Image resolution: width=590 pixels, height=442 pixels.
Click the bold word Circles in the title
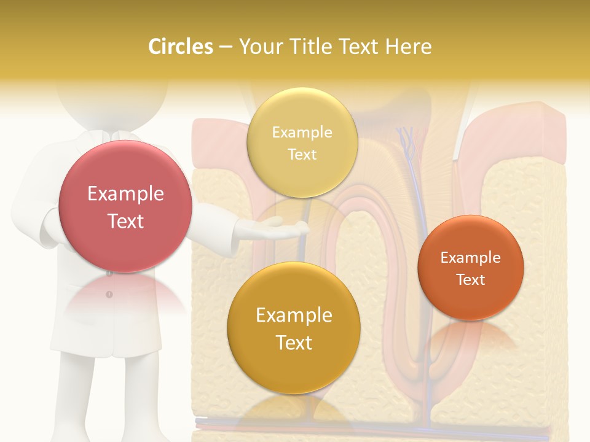pos(181,47)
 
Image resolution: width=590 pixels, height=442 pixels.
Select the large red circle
pos(125,207)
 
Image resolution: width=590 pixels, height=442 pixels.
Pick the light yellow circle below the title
pos(302,143)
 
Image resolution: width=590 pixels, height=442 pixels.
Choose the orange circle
pos(470,268)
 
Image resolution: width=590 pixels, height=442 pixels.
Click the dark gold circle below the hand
pos(294,328)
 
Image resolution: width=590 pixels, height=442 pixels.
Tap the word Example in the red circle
pos(125,194)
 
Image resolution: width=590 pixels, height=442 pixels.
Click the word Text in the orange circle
pos(470,279)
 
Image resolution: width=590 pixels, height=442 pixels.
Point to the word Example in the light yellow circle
pos(302,132)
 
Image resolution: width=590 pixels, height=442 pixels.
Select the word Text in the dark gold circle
pos(294,343)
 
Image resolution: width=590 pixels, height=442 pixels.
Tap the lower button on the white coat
pos(109,295)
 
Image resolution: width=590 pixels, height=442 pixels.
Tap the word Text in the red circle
pos(125,221)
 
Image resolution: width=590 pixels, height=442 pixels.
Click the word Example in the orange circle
pos(470,257)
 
